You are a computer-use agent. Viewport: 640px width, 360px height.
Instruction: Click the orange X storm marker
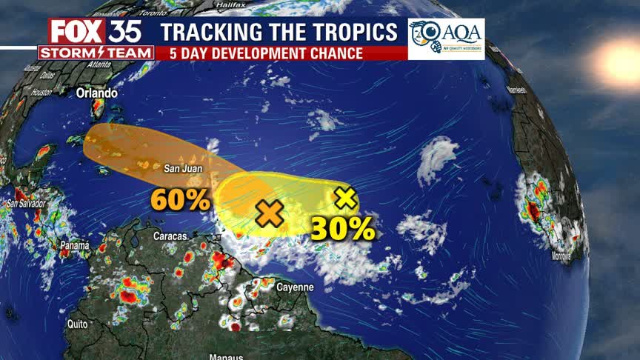coord(270,214)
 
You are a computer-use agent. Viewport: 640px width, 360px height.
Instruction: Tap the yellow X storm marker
coord(345,198)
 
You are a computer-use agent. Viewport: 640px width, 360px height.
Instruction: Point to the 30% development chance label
coord(342,229)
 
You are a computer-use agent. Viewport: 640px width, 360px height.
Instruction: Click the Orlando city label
coord(96,93)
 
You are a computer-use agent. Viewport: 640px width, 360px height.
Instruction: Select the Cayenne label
coord(295,287)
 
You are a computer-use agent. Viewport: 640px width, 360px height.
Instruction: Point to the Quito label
coord(77,324)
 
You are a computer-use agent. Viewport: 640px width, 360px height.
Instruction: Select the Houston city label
coord(41,92)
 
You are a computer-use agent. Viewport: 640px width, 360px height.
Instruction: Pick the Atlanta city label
coord(93,64)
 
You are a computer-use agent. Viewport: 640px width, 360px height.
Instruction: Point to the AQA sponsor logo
coord(446,39)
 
